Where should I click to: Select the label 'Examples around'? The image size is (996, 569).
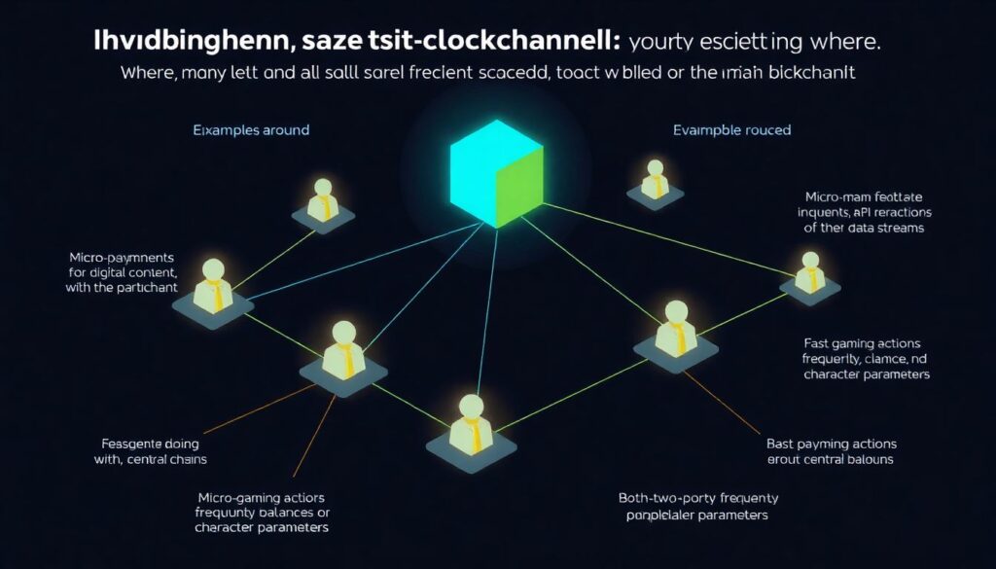(x=251, y=130)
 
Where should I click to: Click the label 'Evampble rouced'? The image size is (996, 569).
(x=731, y=130)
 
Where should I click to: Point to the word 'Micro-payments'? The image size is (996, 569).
(x=118, y=257)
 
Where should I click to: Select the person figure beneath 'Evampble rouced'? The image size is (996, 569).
(x=653, y=180)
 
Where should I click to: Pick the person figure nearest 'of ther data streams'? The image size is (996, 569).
(x=809, y=274)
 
